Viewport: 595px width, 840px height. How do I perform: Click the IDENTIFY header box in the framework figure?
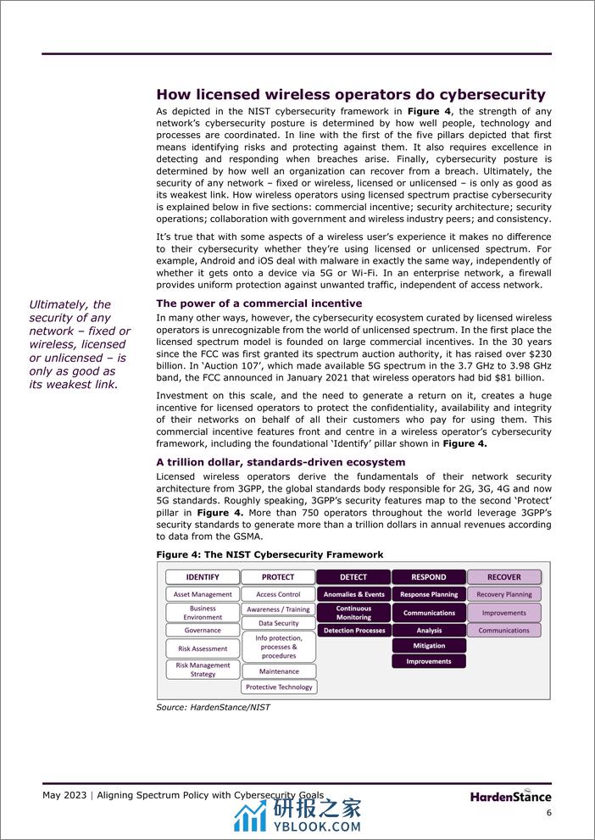click(203, 577)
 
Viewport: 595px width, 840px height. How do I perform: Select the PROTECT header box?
click(278, 577)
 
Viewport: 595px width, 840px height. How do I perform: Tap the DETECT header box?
click(353, 577)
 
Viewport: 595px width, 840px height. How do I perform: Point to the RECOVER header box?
click(504, 577)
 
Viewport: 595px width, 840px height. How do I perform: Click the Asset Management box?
click(203, 595)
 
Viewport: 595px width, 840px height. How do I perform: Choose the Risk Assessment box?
click(203, 648)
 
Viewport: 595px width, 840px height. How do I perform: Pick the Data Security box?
click(278, 623)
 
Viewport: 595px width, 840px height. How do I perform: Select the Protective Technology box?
click(278, 687)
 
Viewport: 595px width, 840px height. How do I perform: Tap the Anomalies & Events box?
click(353, 595)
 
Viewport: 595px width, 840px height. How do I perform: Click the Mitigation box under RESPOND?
click(429, 646)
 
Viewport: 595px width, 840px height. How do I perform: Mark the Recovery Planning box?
click(504, 595)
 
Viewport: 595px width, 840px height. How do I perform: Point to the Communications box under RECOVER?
click(504, 631)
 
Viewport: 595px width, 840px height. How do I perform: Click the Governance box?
click(203, 631)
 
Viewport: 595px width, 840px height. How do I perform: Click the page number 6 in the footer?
click(548, 813)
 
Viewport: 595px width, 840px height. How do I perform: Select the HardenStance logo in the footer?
click(511, 796)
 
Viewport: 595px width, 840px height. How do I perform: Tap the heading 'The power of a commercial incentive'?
click(259, 303)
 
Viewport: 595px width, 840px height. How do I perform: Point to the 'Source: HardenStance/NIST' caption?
click(213, 707)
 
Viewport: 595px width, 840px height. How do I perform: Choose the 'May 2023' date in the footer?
click(67, 795)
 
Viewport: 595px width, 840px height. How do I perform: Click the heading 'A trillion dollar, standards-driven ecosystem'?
click(281, 462)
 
